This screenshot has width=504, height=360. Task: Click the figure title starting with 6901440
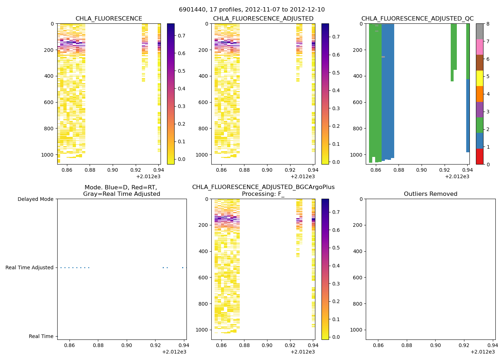coord(252,10)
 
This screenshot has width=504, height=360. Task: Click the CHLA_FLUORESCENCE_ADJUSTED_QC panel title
coord(417,19)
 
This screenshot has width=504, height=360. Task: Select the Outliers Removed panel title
coord(430,194)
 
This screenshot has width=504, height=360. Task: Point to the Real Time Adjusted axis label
coord(29,267)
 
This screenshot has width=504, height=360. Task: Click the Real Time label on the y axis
coord(41,336)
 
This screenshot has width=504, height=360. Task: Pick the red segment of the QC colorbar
coord(480,157)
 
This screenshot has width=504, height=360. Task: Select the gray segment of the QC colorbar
coord(480,31)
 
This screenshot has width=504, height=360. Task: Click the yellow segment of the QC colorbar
coord(480,78)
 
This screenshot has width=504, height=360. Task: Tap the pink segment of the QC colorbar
coord(480,47)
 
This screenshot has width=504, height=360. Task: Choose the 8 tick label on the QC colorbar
coord(487,24)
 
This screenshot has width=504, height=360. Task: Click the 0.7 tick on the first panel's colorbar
coord(181,36)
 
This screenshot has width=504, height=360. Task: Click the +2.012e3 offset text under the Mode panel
coord(174,352)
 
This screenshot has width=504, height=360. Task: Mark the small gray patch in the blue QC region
coord(383,57)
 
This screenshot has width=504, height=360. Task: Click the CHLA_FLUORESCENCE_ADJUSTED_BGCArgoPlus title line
coord(263,187)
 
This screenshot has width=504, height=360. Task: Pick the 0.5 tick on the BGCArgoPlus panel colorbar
coord(336,248)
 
